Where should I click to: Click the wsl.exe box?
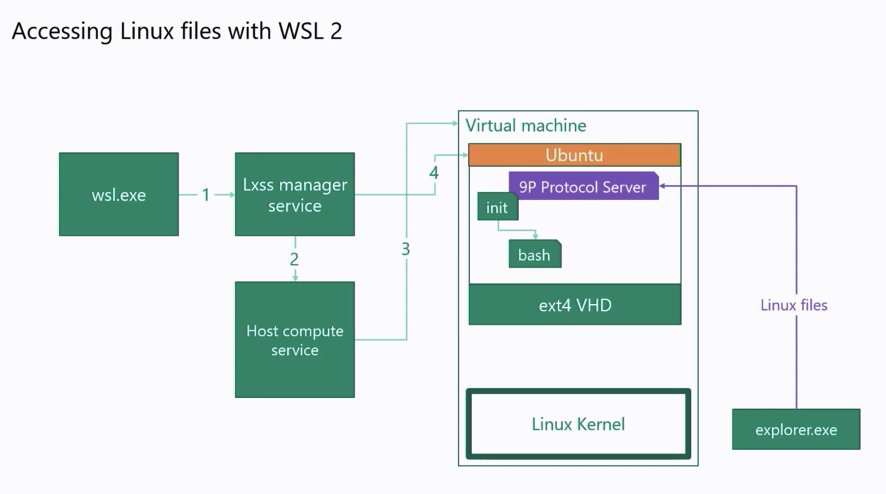coord(118,194)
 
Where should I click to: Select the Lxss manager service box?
coord(294,194)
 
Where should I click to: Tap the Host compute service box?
coord(294,340)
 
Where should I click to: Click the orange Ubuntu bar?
coord(574,155)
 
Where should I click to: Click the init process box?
coord(497,208)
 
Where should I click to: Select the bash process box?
coord(534,255)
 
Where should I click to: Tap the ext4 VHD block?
coord(575,305)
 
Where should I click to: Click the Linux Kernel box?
coord(578,424)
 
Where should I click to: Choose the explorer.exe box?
coord(796,429)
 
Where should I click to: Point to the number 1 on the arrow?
coord(206,195)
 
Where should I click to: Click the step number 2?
coord(294,260)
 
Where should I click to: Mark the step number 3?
coord(406,249)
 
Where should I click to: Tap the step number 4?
coord(434,173)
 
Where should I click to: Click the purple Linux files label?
coord(794,305)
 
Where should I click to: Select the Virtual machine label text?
coord(526,126)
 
